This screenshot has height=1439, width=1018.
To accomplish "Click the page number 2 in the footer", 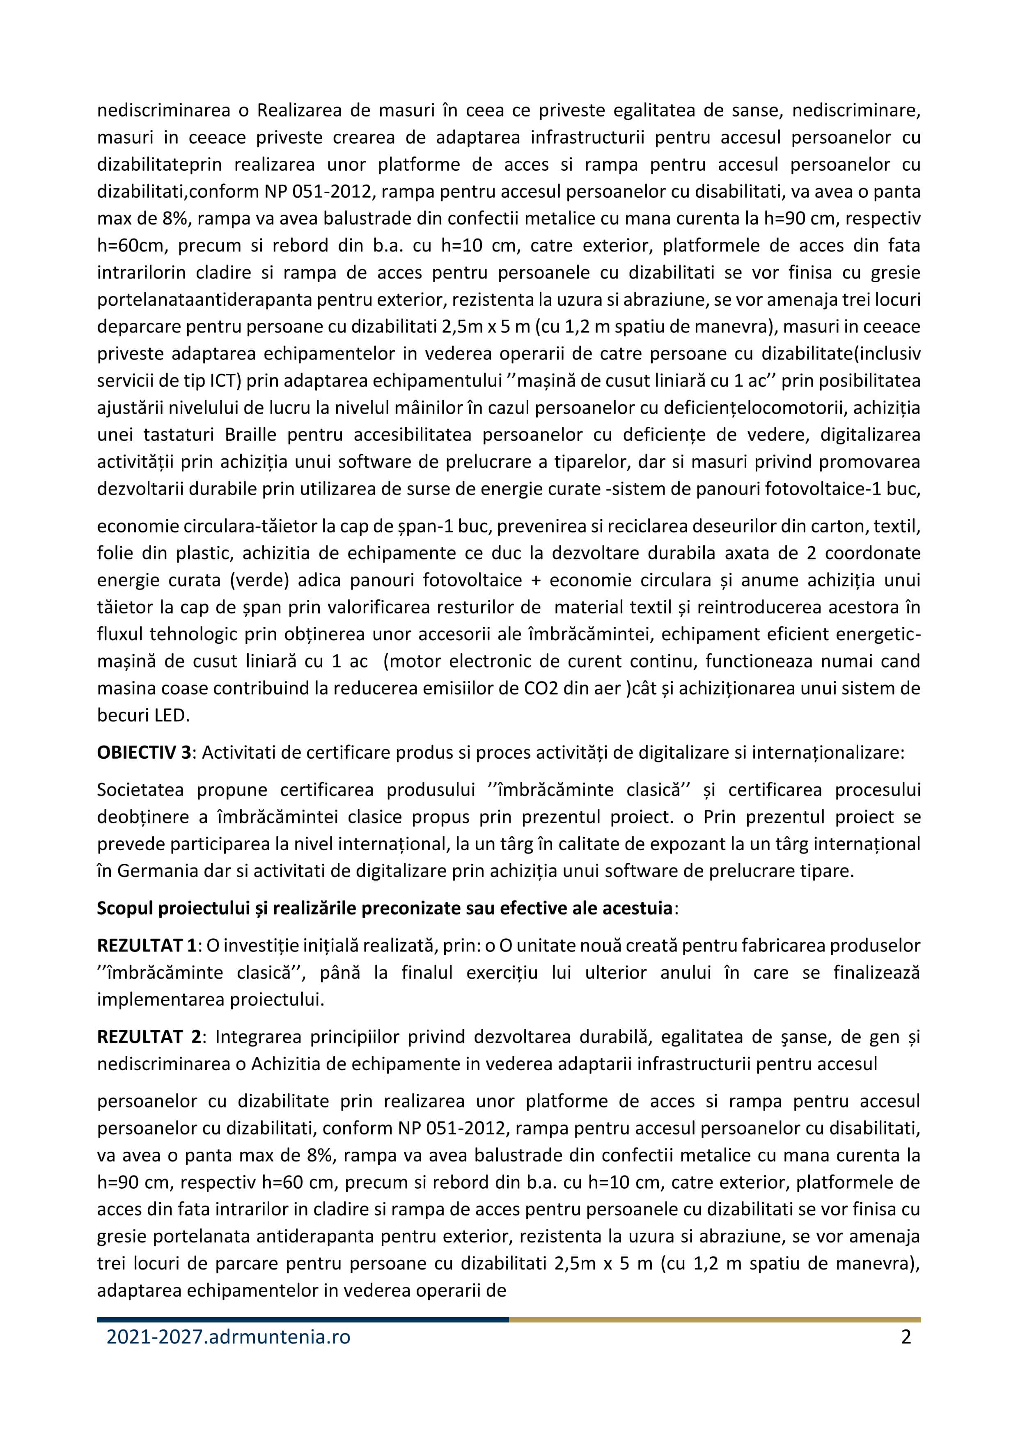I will (x=906, y=1337).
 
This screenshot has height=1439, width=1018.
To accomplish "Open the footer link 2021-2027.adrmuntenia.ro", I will (x=228, y=1337).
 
